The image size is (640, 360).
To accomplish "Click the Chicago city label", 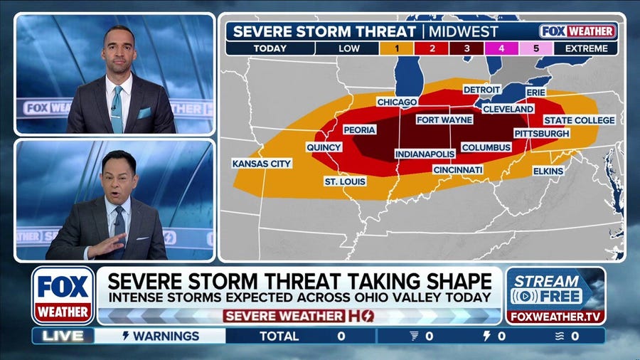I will point(397,102).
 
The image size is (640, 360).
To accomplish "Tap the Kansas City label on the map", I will point(262,164).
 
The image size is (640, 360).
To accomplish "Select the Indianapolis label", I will point(425,154).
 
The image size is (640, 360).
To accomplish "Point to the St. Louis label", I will point(346,181).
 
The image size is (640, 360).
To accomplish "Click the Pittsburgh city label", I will point(542,133).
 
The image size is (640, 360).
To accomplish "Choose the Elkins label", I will point(548,171).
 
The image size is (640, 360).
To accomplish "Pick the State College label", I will point(579,120).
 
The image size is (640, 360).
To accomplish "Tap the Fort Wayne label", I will point(444,120).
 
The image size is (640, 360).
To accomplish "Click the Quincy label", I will point(324,147).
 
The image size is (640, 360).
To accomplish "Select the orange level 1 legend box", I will point(399,49).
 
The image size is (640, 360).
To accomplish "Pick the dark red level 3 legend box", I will point(467,49).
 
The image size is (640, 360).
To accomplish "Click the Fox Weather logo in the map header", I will point(577,31).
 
